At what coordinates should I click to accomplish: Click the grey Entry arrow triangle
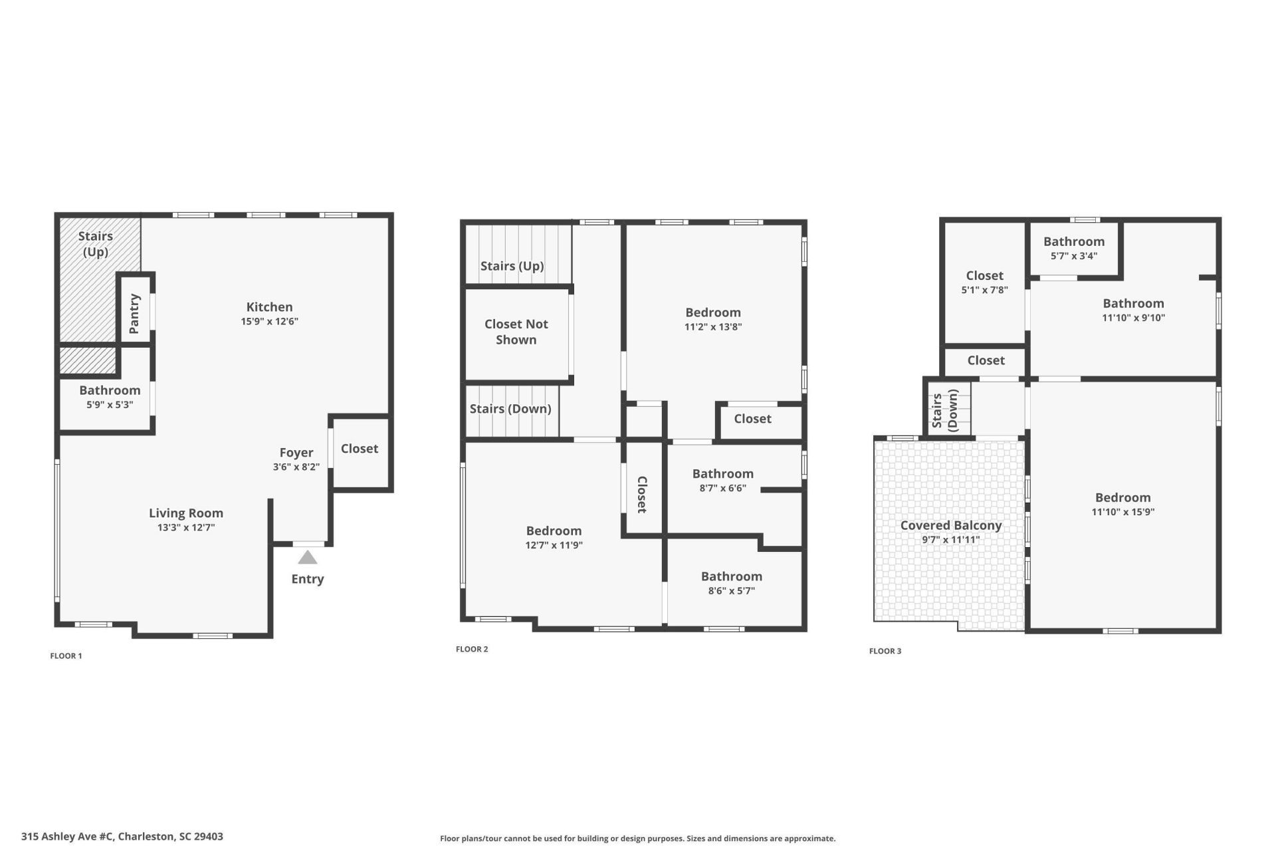pos(307,557)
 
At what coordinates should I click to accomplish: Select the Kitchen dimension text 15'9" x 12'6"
pos(269,321)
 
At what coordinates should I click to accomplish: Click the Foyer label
pos(296,452)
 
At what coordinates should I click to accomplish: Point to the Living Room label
pos(185,513)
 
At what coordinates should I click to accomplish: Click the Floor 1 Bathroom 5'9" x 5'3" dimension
pos(110,404)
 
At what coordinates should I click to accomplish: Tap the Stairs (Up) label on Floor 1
pos(95,243)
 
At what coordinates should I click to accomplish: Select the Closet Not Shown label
pos(516,332)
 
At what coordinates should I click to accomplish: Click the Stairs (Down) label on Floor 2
pos(510,408)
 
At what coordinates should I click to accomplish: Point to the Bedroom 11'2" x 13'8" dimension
pos(713,326)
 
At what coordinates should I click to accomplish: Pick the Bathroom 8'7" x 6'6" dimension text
pos(722,488)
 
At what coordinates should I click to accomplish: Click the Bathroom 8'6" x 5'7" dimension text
pos(731,590)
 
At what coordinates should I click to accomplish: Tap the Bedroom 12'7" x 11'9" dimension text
pos(554,545)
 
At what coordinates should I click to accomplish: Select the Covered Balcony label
pos(950,525)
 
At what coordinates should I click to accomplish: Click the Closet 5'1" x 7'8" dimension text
pos(984,290)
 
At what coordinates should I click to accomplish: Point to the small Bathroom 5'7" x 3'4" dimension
pos(1073,256)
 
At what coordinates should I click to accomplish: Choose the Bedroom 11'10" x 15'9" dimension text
pos(1122,512)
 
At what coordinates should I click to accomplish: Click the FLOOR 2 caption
pos(472,649)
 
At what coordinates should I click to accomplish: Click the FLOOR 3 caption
pos(885,651)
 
